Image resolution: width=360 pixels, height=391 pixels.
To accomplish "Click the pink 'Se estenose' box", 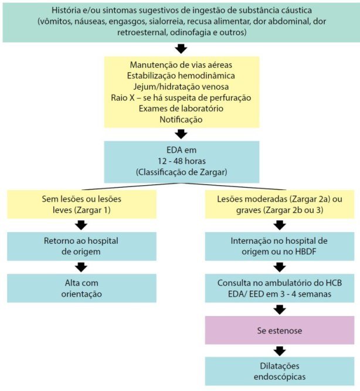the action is click(280, 330).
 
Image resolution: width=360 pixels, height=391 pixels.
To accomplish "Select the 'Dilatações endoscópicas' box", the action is click(280, 371).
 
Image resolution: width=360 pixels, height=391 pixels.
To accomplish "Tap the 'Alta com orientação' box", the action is click(81, 288).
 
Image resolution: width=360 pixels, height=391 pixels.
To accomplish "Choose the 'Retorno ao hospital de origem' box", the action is click(81, 246).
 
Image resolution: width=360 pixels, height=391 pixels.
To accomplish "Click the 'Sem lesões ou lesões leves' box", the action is click(81, 205).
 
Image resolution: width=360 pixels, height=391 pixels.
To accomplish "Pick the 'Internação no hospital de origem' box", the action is click(280, 246).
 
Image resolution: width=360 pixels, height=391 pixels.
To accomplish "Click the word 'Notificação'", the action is click(181, 120).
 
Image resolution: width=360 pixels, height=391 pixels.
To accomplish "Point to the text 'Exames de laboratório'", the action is click(181, 108).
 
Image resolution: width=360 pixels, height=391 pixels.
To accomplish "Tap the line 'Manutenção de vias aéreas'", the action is click(181, 65).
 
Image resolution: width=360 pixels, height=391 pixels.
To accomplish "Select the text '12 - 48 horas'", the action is click(182, 161).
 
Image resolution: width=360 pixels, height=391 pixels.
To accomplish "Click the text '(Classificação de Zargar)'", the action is click(182, 172).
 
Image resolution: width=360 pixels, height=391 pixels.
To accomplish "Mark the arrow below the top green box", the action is click(181, 49).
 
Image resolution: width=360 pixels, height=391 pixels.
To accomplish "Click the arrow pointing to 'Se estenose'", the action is click(280, 310).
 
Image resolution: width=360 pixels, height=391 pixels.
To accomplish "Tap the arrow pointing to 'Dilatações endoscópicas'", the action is click(280, 351).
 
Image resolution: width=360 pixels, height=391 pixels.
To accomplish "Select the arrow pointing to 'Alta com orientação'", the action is click(81, 267).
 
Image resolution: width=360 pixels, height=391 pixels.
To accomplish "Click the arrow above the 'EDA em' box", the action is click(181, 134).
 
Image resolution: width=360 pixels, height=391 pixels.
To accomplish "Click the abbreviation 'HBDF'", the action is click(305, 251).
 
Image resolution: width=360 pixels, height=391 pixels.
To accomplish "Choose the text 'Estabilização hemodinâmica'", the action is click(181, 76).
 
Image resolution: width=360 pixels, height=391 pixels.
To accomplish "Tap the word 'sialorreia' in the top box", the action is click(166, 21).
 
